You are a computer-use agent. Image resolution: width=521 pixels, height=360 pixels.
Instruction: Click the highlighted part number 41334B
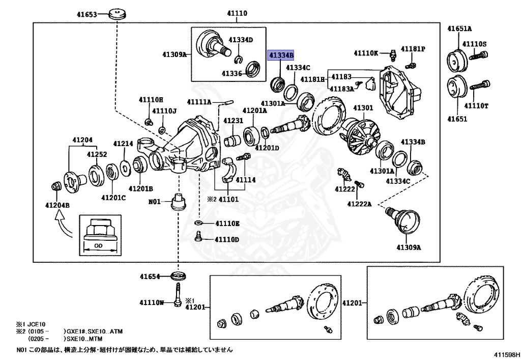(281, 55)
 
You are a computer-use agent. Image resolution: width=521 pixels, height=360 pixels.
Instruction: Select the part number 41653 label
(86, 15)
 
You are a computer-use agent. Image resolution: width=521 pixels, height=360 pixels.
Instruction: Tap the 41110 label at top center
(237, 13)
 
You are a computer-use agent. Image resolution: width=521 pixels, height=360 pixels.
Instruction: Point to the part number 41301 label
(363, 108)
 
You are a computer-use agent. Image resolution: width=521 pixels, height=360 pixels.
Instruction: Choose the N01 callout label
(154, 202)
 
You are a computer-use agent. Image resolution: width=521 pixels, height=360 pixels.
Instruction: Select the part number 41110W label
(152, 302)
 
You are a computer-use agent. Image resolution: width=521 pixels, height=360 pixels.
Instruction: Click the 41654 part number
(150, 277)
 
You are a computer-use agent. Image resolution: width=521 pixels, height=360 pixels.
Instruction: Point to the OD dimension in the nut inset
(100, 245)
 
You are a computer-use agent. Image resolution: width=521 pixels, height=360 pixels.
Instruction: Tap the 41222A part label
(360, 204)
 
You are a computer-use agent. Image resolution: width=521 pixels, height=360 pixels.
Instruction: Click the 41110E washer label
(227, 224)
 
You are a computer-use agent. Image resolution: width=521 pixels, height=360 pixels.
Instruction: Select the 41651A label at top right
(459, 29)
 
